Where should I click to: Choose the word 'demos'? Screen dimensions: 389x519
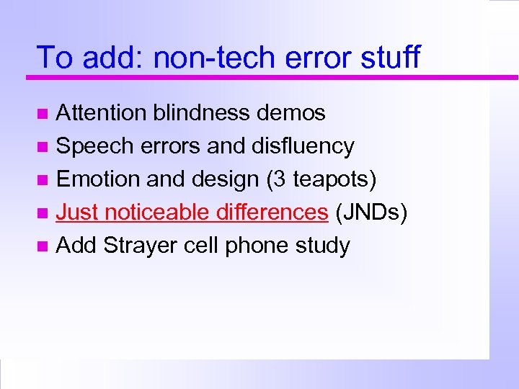[296, 113]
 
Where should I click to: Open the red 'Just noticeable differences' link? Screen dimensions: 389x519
[192, 213]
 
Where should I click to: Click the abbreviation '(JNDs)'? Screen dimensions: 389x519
[372, 213]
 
